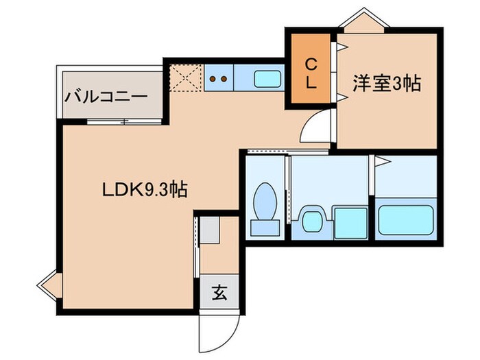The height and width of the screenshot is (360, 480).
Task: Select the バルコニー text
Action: pyautogui.click(x=106, y=97)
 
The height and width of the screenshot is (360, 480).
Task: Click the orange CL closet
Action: pyautogui.click(x=311, y=75)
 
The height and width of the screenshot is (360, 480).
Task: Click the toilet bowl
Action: pyautogui.click(x=263, y=200)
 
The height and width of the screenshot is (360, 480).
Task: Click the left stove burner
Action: pyautogui.click(x=213, y=79)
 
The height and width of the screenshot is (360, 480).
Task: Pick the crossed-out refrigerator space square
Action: pyautogui.click(x=186, y=78)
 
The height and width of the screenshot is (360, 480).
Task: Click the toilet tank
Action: pyautogui.click(x=263, y=227)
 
